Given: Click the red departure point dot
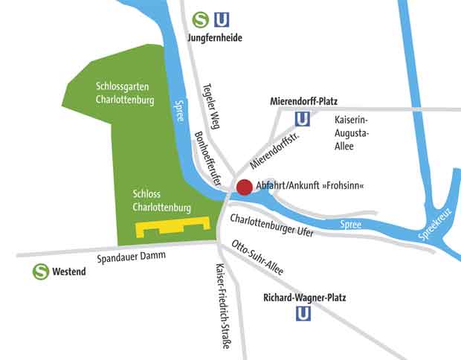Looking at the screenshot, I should coord(245,187).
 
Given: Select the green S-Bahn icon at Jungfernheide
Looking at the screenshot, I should coord(199,19).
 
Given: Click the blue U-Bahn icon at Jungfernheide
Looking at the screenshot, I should coord(222,19).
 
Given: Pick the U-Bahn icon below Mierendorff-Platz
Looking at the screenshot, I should coord(303,119).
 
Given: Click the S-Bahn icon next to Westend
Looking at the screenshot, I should coord(40,272).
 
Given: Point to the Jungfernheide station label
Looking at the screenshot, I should coord(214,37).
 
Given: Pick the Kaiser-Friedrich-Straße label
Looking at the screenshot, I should coord(222,306).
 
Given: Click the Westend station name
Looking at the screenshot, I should coord(69,272).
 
